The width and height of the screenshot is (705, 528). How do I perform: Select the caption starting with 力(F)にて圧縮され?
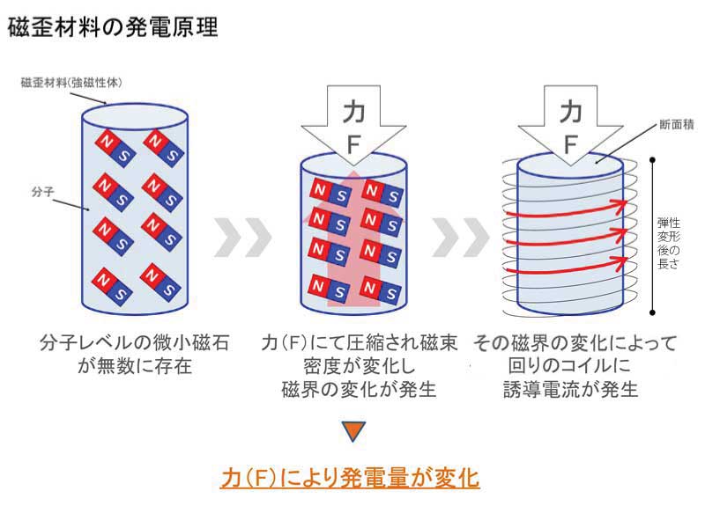tap(357, 364)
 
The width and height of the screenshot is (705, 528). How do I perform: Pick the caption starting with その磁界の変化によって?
tap(574, 364)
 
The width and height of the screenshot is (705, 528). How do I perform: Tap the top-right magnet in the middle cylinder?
tap(382, 191)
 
